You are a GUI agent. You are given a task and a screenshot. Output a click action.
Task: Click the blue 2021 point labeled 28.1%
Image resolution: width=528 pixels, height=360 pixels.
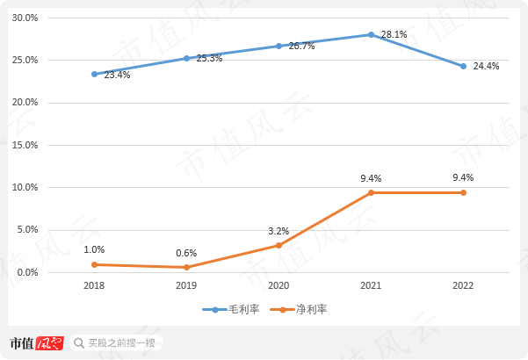coord(371,34)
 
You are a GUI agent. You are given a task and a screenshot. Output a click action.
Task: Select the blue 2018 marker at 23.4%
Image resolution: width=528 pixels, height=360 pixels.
coord(94,74)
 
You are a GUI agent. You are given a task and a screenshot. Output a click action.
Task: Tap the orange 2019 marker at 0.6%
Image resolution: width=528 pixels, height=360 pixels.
coord(186,267)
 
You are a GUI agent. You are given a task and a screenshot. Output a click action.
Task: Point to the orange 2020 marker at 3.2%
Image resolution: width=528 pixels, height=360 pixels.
coord(278,245)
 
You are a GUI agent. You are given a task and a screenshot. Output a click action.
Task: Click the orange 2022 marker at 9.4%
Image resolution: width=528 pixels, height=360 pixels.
coord(463,192)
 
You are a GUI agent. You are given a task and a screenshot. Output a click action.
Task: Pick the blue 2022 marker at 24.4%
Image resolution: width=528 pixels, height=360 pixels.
coord(463,66)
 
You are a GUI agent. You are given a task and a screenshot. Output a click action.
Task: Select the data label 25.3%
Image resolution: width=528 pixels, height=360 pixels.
coord(209,58)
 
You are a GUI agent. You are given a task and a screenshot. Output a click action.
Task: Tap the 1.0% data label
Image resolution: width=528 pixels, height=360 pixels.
coord(94,249)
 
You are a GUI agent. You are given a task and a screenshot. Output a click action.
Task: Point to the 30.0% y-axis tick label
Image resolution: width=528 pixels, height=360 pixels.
coord(24,18)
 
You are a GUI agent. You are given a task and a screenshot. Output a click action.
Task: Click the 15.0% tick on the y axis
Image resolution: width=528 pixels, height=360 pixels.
coord(24,145)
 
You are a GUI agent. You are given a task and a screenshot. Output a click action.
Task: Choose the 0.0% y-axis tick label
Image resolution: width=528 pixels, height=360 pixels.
coord(26,272)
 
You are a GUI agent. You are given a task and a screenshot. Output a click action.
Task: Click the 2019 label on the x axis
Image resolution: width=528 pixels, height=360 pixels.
coord(186,286)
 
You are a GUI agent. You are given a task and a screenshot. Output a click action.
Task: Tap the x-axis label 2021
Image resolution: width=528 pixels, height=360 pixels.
coord(371,286)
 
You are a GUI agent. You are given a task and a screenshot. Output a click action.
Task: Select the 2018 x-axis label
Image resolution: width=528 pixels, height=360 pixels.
coord(94,286)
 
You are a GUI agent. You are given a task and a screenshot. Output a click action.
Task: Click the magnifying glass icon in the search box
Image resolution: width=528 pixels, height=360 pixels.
coord(79,342)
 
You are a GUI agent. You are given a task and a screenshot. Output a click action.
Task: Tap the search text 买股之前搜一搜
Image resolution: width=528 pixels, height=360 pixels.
coord(121,342)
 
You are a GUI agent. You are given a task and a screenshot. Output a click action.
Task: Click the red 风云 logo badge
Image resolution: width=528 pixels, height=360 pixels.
coord(49,342)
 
